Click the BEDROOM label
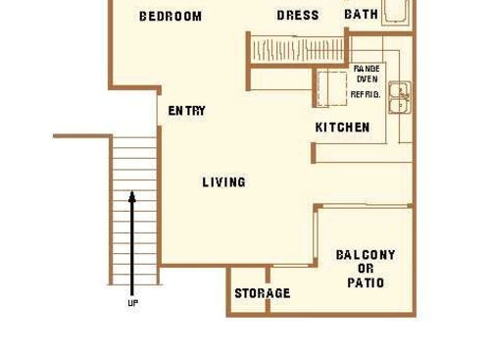click(171, 16)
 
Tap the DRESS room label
click(298, 16)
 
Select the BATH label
click(361, 15)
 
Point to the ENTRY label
click(186, 111)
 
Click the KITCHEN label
click(342, 128)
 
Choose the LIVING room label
click(223, 182)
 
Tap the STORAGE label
click(262, 293)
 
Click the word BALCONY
click(366, 255)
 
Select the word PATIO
click(366, 283)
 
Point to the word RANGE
click(367, 69)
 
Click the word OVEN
click(367, 80)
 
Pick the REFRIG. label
click(367, 93)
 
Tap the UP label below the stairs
click(132, 304)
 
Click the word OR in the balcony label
click(366, 269)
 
